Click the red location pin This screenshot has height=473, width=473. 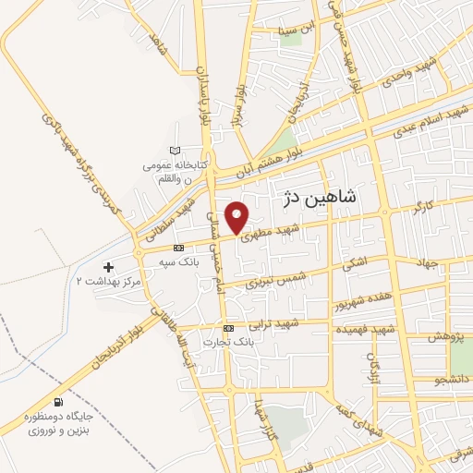point(238,217)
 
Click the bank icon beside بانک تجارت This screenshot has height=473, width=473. point(228,328)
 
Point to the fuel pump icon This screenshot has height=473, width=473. point(60,403)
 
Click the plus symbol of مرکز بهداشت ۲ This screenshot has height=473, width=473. point(109,266)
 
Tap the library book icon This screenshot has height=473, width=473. point(176,151)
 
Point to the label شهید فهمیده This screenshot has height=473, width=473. point(365,329)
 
